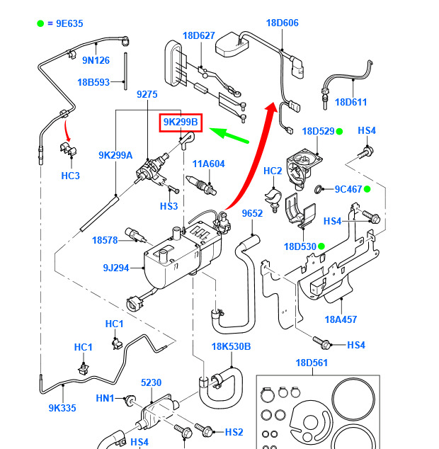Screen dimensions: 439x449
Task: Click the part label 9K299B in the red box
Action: pyautogui.click(x=181, y=123)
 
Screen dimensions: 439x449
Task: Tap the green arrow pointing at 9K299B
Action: pyautogui.click(x=229, y=135)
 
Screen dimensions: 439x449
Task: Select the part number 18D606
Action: pyautogui.click(x=283, y=23)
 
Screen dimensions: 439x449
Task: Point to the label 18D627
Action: pyautogui.click(x=199, y=35)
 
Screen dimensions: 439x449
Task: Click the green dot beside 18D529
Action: pyautogui.click(x=339, y=132)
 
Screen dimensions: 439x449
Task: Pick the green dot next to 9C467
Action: pyautogui.click(x=367, y=189)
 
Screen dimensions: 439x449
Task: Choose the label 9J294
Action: pyautogui.click(x=116, y=268)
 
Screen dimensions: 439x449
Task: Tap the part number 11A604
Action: pyautogui.click(x=208, y=164)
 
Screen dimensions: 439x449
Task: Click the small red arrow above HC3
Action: pyautogui.click(x=67, y=130)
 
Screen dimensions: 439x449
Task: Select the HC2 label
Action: pyautogui.click(x=273, y=171)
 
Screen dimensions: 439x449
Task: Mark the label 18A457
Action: pyautogui.click(x=341, y=319)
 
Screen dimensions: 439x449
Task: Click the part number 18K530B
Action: pyautogui.click(x=231, y=346)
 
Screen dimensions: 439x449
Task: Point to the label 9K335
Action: pyautogui.click(x=62, y=408)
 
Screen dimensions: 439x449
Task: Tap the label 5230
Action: pyautogui.click(x=152, y=382)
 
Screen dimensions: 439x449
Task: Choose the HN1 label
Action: pyautogui.click(x=105, y=398)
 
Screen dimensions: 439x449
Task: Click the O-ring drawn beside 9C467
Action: pyautogui.click(x=318, y=189)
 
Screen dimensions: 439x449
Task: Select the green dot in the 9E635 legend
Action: pyautogui.click(x=40, y=23)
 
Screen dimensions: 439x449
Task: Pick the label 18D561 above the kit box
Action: pyautogui.click(x=312, y=363)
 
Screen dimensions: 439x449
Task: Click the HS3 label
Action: pyautogui.click(x=169, y=206)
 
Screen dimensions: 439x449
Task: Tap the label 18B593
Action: pyautogui.click(x=93, y=82)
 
